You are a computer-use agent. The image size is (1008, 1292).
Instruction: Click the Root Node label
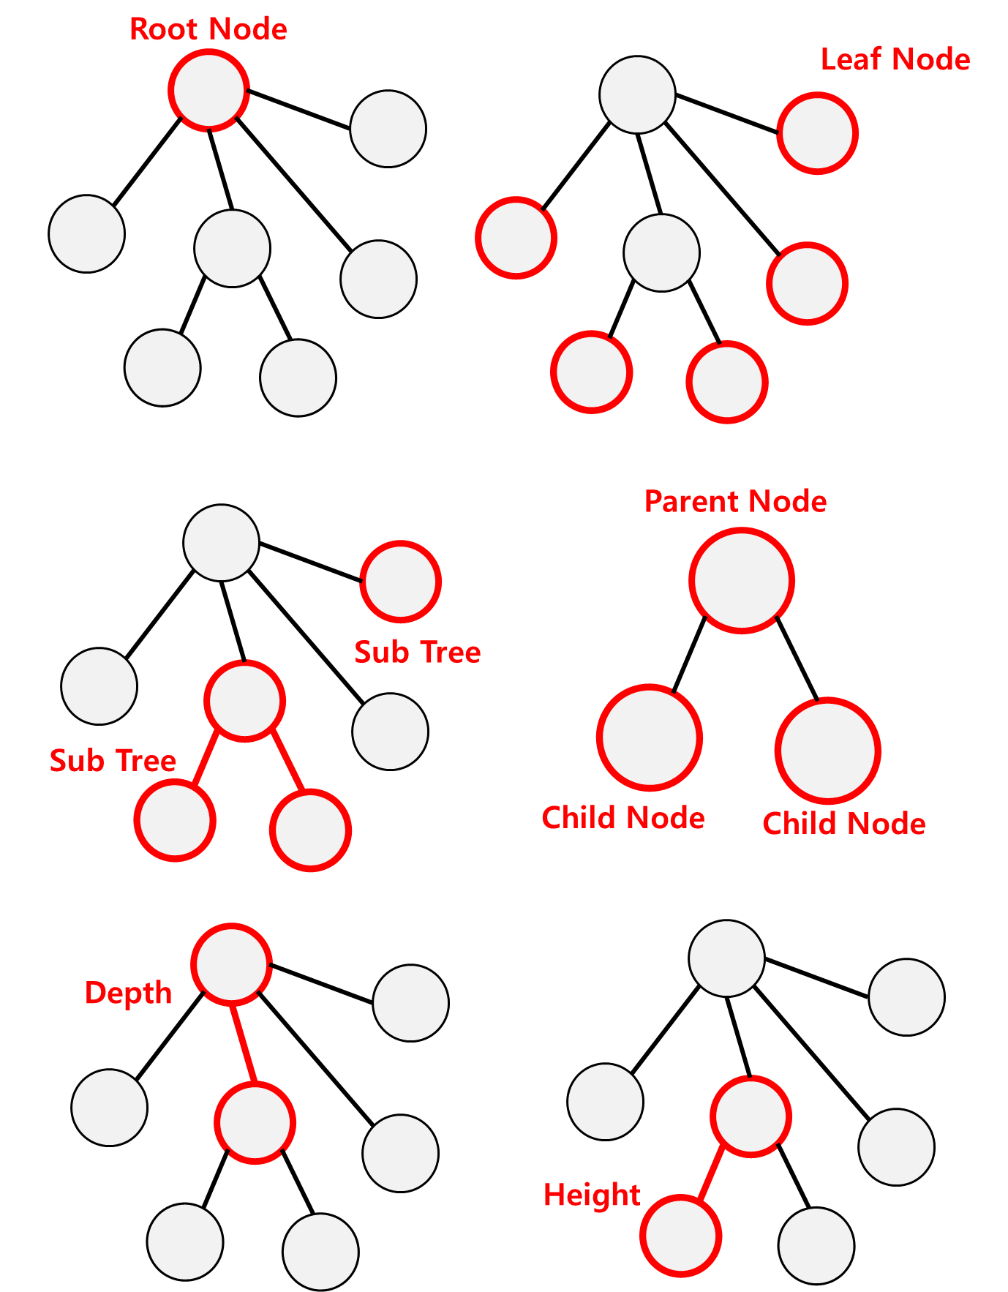click(208, 29)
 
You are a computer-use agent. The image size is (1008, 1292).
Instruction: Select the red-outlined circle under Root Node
click(209, 91)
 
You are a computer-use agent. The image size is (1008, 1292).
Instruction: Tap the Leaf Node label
click(895, 59)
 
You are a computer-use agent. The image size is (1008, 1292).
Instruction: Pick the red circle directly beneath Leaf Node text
click(817, 134)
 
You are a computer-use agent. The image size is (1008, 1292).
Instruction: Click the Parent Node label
click(735, 502)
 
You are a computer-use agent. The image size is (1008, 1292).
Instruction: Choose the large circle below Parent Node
click(742, 581)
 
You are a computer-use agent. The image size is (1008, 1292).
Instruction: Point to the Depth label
click(128, 993)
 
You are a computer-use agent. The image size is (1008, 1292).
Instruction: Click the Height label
click(592, 1195)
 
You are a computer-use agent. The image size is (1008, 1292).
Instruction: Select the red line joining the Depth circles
click(243, 1043)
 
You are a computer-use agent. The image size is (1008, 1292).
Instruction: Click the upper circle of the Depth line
click(231, 964)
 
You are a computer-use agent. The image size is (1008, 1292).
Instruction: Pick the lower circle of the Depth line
click(255, 1123)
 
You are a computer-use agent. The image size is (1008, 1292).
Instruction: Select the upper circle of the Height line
click(751, 1116)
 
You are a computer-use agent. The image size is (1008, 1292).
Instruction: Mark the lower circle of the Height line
click(680, 1236)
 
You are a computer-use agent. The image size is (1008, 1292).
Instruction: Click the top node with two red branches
click(244, 701)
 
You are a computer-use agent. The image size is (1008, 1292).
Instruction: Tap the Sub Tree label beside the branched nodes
click(113, 761)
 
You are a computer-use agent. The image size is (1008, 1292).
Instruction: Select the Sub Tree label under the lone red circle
click(417, 653)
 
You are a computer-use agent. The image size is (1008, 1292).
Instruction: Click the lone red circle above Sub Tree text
click(401, 582)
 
